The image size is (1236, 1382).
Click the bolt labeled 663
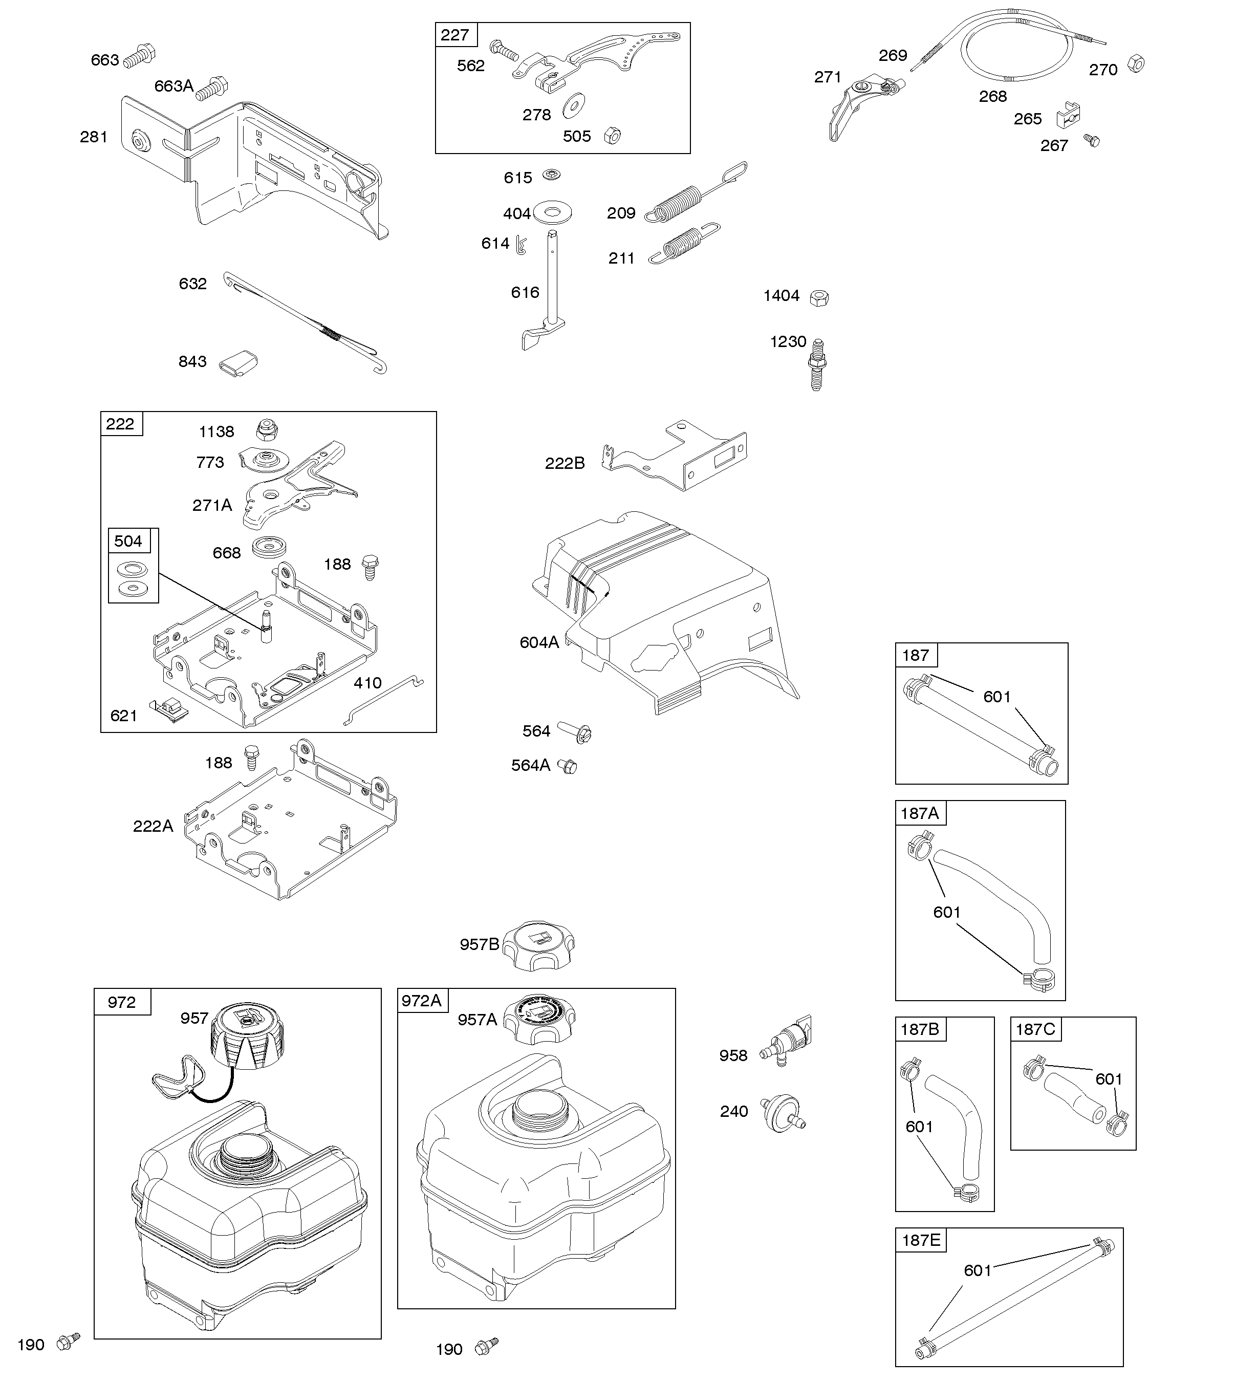(x=141, y=54)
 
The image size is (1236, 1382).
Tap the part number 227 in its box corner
(x=454, y=35)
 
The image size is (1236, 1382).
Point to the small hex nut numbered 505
(x=612, y=135)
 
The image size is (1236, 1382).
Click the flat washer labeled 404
(x=552, y=211)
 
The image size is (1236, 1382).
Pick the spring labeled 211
(x=684, y=243)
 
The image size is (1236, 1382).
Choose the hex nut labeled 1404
(x=820, y=297)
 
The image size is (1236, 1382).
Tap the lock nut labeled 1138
(x=267, y=430)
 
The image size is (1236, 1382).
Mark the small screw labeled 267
(x=1091, y=141)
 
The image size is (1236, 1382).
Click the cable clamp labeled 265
(x=1068, y=116)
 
